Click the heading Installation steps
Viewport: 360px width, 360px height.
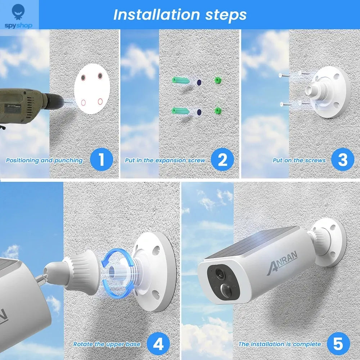point(180,15)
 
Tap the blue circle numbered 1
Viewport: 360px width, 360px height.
point(101,160)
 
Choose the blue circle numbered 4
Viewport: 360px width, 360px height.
point(159,344)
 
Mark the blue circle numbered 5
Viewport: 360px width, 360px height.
point(338,344)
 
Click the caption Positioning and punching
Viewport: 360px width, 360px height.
point(44,161)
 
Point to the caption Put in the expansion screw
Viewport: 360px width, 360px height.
point(165,161)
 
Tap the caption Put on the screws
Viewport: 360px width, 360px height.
point(299,161)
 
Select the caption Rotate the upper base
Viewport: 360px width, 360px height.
point(107,345)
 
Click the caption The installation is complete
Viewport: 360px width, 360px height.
point(280,345)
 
